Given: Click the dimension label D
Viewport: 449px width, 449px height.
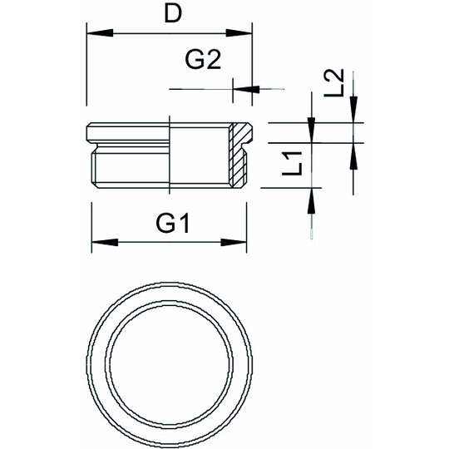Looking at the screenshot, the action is coord(173,14).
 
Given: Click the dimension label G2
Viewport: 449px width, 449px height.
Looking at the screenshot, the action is coord(204,60).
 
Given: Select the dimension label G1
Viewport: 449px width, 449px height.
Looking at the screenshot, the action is coord(173,224).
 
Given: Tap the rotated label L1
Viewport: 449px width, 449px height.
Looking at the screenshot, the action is coord(292,164).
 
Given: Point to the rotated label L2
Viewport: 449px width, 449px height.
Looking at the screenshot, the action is coord(333,83).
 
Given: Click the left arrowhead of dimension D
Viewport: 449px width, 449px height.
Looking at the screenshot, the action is coord(100,33).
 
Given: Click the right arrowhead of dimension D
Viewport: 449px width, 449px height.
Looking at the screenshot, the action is coord(239,33).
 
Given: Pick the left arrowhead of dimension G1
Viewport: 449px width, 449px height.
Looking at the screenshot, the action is coord(105,243).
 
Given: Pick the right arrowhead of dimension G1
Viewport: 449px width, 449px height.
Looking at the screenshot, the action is coord(234,243).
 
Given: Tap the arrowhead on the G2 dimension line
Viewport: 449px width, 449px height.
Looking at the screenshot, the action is coord(246,89).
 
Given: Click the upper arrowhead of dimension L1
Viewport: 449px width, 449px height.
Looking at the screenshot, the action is coord(311,130).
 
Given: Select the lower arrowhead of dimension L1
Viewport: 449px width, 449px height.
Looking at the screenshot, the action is coord(311,200).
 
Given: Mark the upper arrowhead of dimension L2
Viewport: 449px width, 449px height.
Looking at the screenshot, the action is coord(353,110).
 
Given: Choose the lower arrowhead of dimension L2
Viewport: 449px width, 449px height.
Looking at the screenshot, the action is coord(353,156).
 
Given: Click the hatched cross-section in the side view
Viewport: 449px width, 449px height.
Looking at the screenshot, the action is coord(239,155).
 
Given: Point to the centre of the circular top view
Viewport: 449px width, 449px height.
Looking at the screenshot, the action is coord(170,365).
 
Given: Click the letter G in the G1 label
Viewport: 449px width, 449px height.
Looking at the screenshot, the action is coord(165,224).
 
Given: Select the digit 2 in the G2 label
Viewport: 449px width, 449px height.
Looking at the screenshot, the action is coord(214,60).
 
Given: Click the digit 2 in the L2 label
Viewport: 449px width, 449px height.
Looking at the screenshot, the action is coord(333,76).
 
